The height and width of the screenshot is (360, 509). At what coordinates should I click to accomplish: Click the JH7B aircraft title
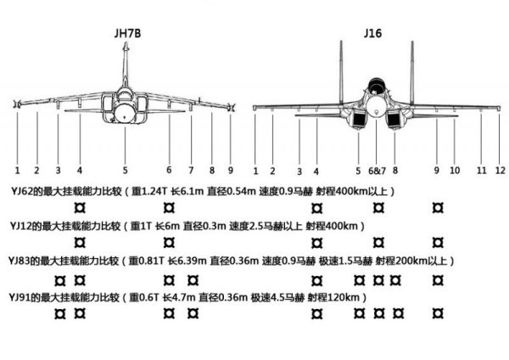(127, 33)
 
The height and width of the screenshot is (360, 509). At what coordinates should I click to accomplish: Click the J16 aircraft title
(372, 33)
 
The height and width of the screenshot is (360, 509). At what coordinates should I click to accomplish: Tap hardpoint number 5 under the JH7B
(125, 171)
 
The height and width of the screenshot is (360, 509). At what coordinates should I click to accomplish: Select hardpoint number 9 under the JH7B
(231, 171)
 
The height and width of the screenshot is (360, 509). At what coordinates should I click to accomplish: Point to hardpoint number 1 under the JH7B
(18, 171)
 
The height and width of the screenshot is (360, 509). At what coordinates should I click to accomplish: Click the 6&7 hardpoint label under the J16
(378, 171)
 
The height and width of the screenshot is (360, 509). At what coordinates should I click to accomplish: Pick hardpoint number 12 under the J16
(501, 171)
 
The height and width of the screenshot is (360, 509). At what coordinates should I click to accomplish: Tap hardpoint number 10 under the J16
(455, 171)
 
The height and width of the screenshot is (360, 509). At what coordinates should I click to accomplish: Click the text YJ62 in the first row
(22, 191)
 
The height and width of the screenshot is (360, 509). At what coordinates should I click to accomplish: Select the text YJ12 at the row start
(20, 226)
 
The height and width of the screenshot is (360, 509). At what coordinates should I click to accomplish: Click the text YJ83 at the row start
(20, 261)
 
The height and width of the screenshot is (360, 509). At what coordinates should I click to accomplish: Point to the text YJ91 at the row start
(20, 297)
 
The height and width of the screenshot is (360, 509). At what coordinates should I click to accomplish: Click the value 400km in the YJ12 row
(343, 226)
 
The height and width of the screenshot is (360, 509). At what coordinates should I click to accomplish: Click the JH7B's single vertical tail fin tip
(126, 43)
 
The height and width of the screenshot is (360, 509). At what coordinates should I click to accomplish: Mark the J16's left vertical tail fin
(341, 71)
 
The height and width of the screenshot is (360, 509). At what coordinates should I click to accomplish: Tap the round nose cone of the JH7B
(125, 113)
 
